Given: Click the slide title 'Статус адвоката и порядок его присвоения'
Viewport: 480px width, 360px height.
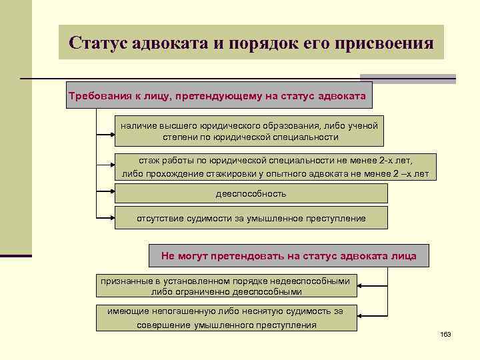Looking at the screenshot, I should pos(251,43).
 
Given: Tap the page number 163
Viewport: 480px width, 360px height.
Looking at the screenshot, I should pos(446,334).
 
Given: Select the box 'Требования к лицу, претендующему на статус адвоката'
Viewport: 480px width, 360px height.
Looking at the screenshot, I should pos(217,97).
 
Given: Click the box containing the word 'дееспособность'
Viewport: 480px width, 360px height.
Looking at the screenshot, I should pos(251,194).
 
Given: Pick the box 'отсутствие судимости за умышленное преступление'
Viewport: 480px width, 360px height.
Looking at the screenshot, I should pos(251,219).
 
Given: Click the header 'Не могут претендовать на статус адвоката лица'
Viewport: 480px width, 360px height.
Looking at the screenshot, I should pos(289,256).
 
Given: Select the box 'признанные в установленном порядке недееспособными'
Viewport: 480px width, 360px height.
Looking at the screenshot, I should pos(226,286).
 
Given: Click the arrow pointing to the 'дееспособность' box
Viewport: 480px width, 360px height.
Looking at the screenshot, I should pos(107,194).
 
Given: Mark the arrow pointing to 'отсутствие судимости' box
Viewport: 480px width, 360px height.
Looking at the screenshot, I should pos(107,218).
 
